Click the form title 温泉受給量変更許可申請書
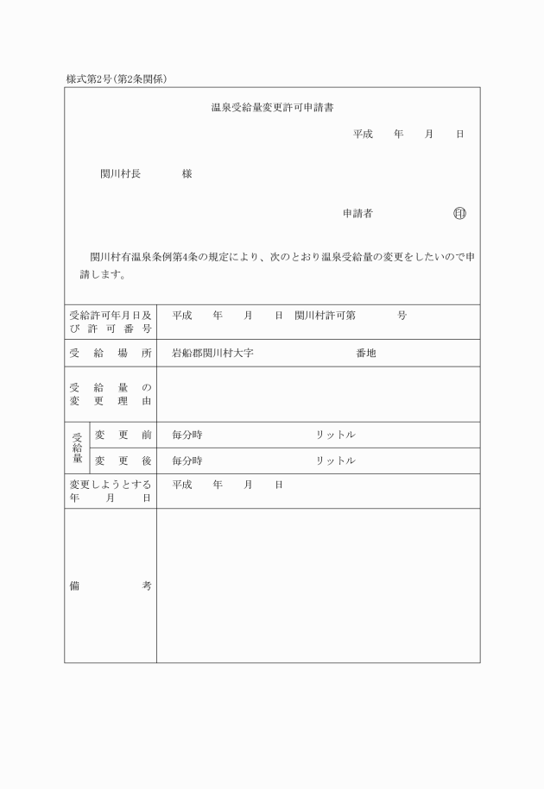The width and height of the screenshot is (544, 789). pyautogui.click(x=273, y=108)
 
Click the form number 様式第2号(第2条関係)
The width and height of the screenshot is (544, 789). pyautogui.click(x=116, y=79)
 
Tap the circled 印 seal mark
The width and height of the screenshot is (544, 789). pyautogui.click(x=459, y=213)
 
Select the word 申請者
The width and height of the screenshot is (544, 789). pyautogui.click(x=357, y=213)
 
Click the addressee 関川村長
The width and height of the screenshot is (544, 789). pyautogui.click(x=120, y=173)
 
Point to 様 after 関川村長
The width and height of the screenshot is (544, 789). pyautogui.click(x=187, y=173)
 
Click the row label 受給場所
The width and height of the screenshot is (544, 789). pyautogui.click(x=110, y=353)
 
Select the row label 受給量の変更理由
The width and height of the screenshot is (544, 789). pyautogui.click(x=110, y=394)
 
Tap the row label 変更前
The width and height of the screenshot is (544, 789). pyautogui.click(x=123, y=435)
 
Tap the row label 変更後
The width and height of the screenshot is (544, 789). pyautogui.click(x=123, y=460)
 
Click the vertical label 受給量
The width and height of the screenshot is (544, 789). pyautogui.click(x=77, y=448)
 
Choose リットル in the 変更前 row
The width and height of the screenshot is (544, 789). pyautogui.click(x=335, y=435)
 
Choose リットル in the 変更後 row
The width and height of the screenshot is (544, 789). pyautogui.click(x=335, y=460)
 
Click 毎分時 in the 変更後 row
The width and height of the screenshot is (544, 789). pyautogui.click(x=187, y=460)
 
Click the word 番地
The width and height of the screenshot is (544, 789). pyautogui.click(x=366, y=353)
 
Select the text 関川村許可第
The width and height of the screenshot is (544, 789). pyautogui.click(x=325, y=316)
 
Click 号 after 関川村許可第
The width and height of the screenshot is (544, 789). pyautogui.click(x=402, y=316)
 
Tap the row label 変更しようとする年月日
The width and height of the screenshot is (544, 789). pyautogui.click(x=110, y=492)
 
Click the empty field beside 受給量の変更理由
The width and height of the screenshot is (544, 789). pyautogui.click(x=318, y=394)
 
